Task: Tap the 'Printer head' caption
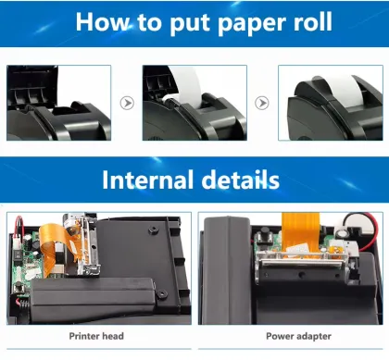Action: click(x=97, y=336)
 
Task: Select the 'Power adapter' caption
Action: click(x=292, y=336)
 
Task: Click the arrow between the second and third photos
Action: click(x=262, y=104)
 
